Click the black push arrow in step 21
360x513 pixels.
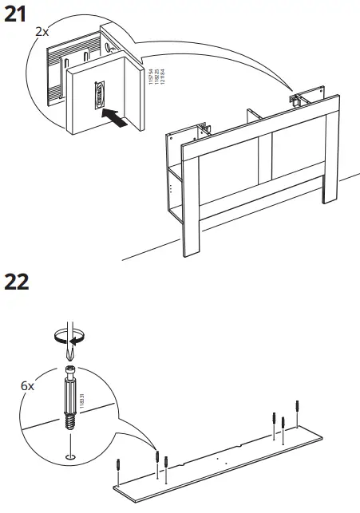point(116,118)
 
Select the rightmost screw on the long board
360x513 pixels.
point(297,408)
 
